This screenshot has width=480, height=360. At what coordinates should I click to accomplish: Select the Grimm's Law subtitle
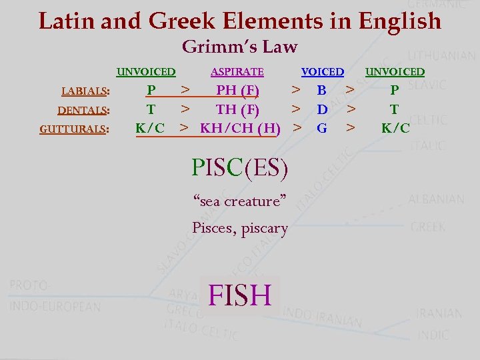239,47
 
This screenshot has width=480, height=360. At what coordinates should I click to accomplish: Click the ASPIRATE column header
237,72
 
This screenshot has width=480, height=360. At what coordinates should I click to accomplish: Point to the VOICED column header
323,72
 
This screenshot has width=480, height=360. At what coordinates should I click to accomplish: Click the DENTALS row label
83,110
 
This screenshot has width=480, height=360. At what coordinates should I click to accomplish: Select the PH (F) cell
237,90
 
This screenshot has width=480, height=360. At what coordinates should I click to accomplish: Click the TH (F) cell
237,109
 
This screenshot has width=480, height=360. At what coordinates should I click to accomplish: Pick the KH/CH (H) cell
240,127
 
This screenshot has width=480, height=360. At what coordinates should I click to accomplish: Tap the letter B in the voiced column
321,90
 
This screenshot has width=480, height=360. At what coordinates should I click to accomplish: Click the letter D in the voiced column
322,109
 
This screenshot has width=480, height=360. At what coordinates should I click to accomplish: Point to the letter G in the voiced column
322,127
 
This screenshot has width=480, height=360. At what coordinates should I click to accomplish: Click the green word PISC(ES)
240,167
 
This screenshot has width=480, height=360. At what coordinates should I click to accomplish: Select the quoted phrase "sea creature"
239,201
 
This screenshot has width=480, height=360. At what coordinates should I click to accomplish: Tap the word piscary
265,229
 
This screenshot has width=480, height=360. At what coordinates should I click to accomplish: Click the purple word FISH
240,295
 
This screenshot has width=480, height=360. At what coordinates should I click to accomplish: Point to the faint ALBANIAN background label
436,199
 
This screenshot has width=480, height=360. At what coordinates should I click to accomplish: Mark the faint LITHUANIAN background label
441,56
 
